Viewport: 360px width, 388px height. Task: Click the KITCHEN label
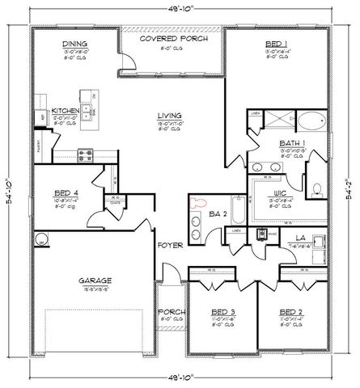(x=64, y=111)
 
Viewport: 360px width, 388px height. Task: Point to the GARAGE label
(x=95, y=281)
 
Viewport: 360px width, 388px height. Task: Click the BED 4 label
(x=66, y=194)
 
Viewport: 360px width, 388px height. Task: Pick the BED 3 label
(x=222, y=310)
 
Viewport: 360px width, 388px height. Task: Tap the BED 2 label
(x=290, y=310)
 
